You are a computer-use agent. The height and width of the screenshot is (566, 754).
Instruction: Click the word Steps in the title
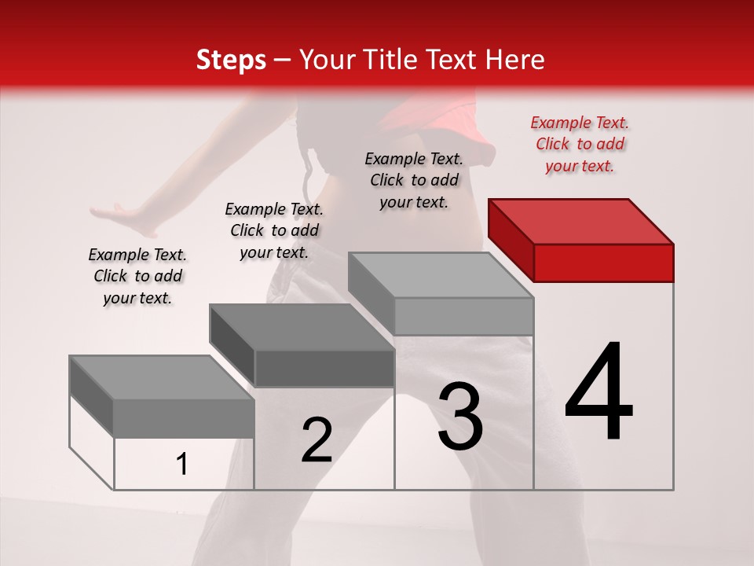pyautogui.click(x=231, y=60)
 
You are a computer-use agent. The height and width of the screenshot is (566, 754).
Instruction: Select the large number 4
pyautogui.click(x=599, y=392)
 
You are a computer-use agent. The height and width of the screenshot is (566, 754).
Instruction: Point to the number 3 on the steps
pyautogui.click(x=460, y=416)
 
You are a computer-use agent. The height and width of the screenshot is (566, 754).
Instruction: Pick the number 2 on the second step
pyautogui.click(x=317, y=440)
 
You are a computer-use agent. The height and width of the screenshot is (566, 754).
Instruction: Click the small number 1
pyautogui.click(x=182, y=465)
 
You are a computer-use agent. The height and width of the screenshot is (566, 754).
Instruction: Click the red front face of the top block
pyautogui.click(x=603, y=263)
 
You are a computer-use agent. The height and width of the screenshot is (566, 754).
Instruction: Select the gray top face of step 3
pyautogui.click(x=441, y=276)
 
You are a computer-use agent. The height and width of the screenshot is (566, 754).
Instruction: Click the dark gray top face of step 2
pyautogui.click(x=302, y=327)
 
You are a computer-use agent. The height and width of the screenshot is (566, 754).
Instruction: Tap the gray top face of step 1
pyautogui.click(x=162, y=378)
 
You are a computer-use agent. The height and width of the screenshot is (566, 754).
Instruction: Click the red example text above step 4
pyautogui.click(x=580, y=144)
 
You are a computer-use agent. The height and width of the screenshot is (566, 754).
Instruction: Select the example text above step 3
pyautogui.click(x=414, y=180)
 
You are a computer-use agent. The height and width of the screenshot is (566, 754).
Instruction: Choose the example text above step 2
pyautogui.click(x=274, y=230)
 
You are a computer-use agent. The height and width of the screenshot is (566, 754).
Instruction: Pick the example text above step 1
pyautogui.click(x=137, y=276)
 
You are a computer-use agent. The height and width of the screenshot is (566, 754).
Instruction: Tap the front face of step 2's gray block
pyautogui.click(x=324, y=368)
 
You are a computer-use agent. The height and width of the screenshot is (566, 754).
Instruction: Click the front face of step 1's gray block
pyautogui.click(x=184, y=418)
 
